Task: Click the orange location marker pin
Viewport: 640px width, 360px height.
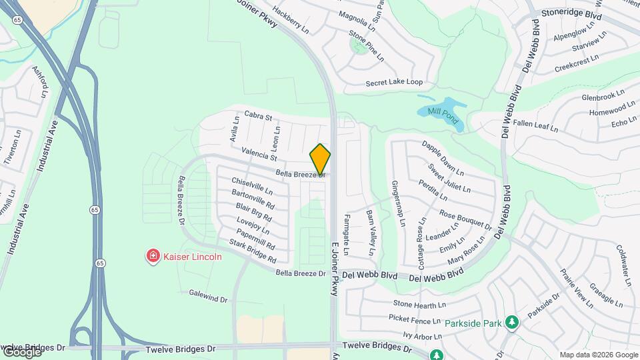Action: coord(321,159)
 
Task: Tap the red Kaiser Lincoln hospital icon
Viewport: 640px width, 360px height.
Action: coord(153,256)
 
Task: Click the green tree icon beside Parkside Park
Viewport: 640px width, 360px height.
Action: coord(512,323)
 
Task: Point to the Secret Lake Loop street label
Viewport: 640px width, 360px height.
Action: coord(394,83)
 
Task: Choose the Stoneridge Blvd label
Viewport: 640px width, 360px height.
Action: coord(572,14)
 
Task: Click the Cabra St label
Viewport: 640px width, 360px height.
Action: coord(259,116)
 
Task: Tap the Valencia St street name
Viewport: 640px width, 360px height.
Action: coord(259,153)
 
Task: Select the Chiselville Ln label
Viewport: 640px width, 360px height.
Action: coord(252,185)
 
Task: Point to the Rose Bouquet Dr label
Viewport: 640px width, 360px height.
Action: coord(465,220)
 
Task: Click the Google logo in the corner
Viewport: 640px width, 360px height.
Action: coord(21,352)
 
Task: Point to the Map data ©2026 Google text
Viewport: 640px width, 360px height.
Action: coord(599,355)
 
